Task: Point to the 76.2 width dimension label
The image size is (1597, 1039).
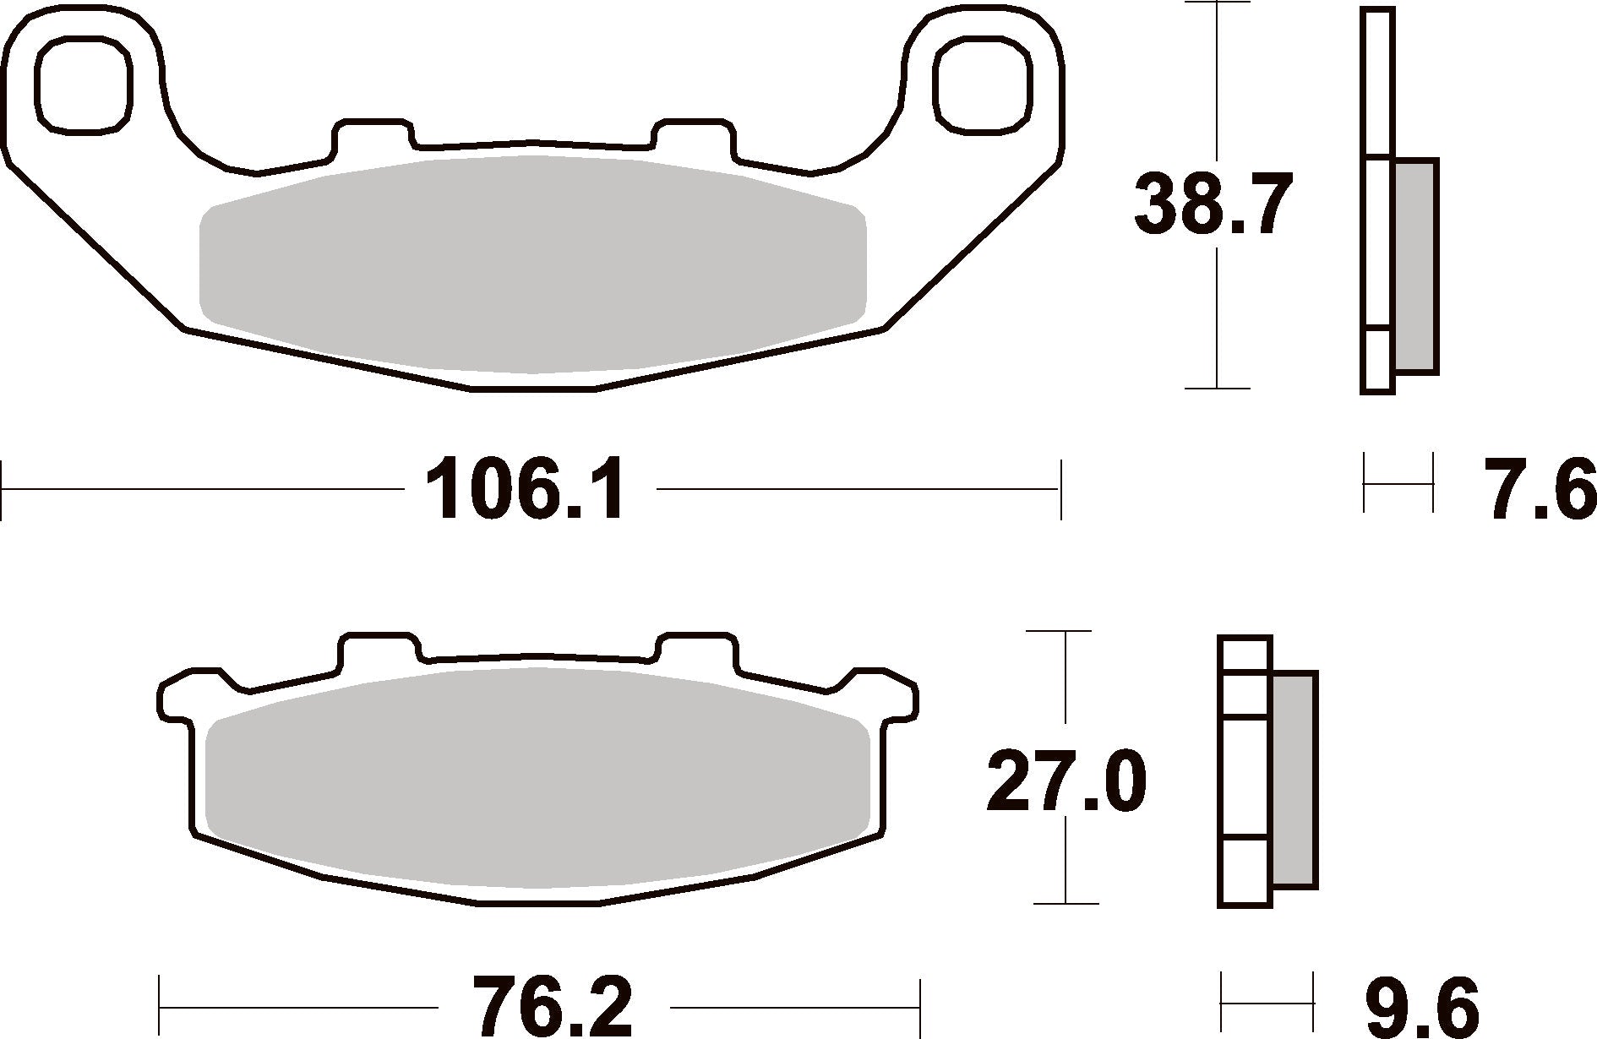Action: coord(553,1007)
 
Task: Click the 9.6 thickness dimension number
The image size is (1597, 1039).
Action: coord(1421,1007)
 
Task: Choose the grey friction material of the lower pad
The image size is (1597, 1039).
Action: coord(538,777)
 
